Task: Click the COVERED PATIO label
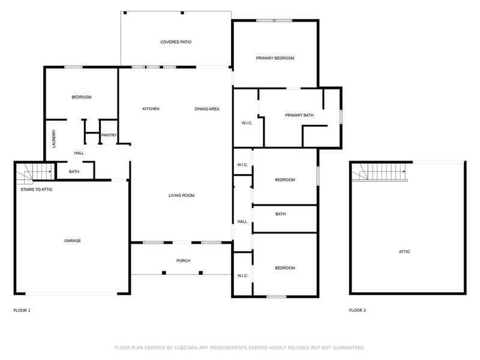click(176, 42)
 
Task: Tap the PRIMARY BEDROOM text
click(275, 58)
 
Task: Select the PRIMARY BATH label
click(299, 115)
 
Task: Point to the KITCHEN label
click(151, 109)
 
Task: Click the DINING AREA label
click(207, 109)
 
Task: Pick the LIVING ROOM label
click(181, 196)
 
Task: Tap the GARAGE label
click(73, 241)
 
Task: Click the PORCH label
click(183, 260)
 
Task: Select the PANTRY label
click(109, 135)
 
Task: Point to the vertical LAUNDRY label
click(54, 139)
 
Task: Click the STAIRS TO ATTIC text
click(34, 189)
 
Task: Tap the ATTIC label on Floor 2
click(404, 251)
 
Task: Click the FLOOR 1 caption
click(22, 310)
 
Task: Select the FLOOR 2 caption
click(358, 310)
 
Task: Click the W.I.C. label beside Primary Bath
click(246, 124)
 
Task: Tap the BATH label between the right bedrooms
click(280, 214)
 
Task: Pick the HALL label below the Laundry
click(79, 153)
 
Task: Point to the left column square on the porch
click(164, 272)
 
